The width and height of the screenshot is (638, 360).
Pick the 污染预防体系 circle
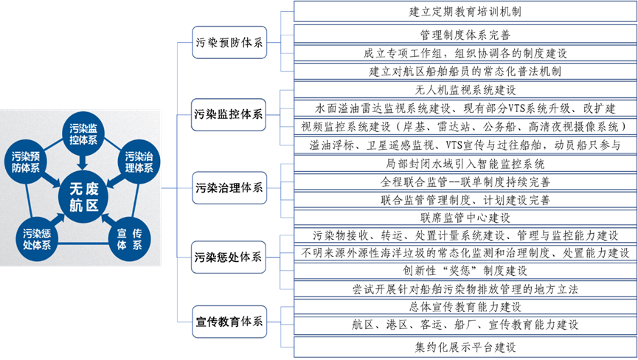click(27, 162)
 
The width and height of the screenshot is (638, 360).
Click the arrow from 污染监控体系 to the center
click(83, 161)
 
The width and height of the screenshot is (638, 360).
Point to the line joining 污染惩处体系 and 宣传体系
click(83, 243)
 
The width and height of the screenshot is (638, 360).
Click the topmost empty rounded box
click(229, 42)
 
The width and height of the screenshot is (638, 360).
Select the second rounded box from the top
click(229, 114)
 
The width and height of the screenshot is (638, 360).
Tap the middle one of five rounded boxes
click(229, 187)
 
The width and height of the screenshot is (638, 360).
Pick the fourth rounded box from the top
click(229, 257)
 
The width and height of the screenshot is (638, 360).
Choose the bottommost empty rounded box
click(229, 322)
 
